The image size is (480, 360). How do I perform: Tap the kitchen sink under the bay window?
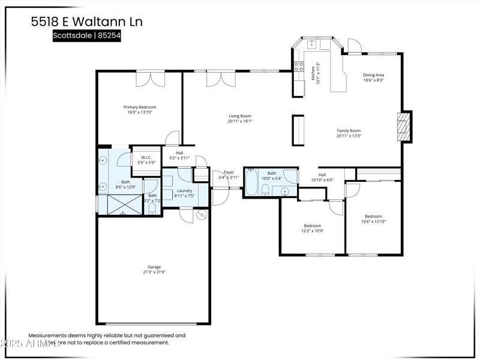click(x=312, y=44)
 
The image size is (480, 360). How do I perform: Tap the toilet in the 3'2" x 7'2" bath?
click(x=152, y=208)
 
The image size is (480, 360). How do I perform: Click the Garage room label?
click(x=154, y=267)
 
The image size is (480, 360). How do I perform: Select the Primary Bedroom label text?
click(x=140, y=107)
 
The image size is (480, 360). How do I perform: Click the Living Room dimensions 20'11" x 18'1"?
click(x=240, y=121)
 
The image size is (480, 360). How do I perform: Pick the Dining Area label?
click(x=373, y=75)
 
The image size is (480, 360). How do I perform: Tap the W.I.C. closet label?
click(x=146, y=157)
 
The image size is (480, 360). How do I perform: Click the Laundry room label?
click(x=184, y=190)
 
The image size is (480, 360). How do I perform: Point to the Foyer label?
click(x=229, y=172)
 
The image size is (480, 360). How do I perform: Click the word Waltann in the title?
click(x=104, y=22)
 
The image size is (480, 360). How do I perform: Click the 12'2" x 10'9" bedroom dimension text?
click(x=313, y=231)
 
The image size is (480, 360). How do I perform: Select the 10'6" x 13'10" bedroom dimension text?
click(x=373, y=221)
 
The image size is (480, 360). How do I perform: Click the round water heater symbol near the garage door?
click(x=202, y=214)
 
